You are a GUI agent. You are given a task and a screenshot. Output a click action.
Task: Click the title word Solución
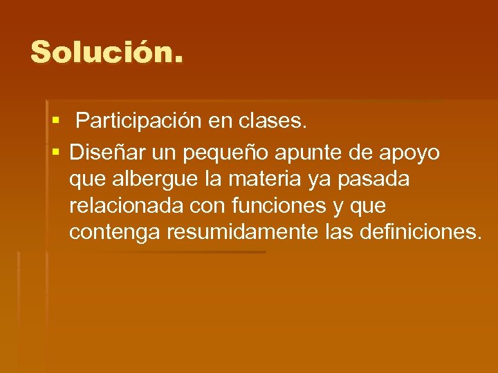[x=107, y=52]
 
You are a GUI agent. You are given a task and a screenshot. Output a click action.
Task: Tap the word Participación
[x=140, y=122]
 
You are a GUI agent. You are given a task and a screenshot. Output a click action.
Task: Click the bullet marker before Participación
[x=55, y=122]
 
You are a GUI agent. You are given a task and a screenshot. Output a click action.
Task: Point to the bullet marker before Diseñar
[x=55, y=151]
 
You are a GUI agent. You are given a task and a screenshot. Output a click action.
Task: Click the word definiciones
[x=420, y=232]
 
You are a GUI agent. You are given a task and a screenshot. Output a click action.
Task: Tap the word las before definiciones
[x=339, y=232]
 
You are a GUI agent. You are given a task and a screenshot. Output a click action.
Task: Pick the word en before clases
[x=221, y=123]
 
